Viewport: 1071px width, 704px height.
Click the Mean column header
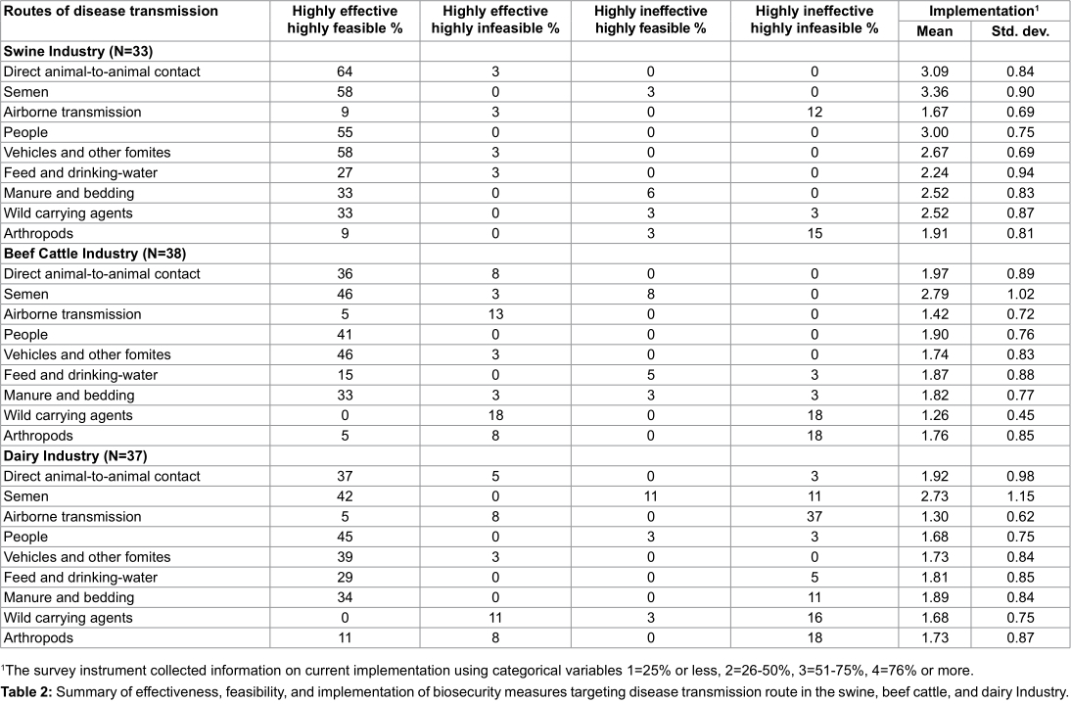point(934,30)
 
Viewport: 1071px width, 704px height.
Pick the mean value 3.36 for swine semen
point(934,92)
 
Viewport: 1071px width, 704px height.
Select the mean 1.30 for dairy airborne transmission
point(934,517)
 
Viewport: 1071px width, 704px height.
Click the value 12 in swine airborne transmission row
point(814,112)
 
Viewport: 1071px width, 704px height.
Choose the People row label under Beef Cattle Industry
point(25,335)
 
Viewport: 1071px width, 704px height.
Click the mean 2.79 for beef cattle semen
point(934,294)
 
